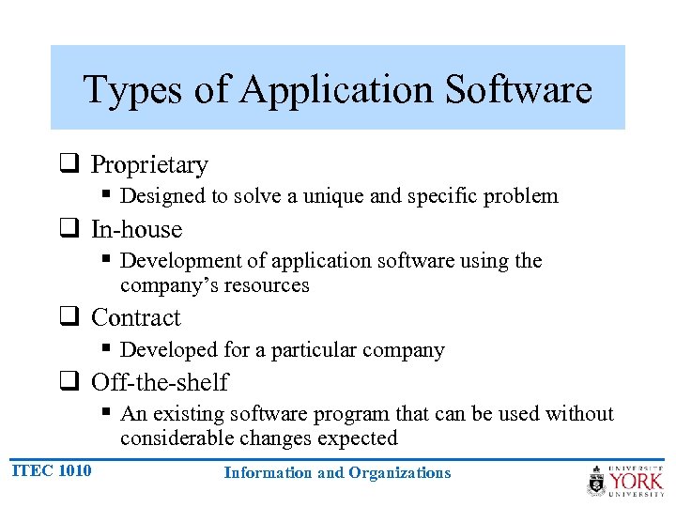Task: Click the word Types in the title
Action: tap(128, 90)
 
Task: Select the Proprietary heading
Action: tap(149, 165)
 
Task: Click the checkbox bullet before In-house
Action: tap(69, 229)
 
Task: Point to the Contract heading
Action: tap(136, 318)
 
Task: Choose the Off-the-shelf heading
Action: tap(160, 383)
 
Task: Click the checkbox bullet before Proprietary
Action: tap(69, 164)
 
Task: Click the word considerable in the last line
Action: tap(175, 438)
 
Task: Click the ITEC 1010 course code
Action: tap(53, 470)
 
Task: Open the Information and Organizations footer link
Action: tap(337, 473)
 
